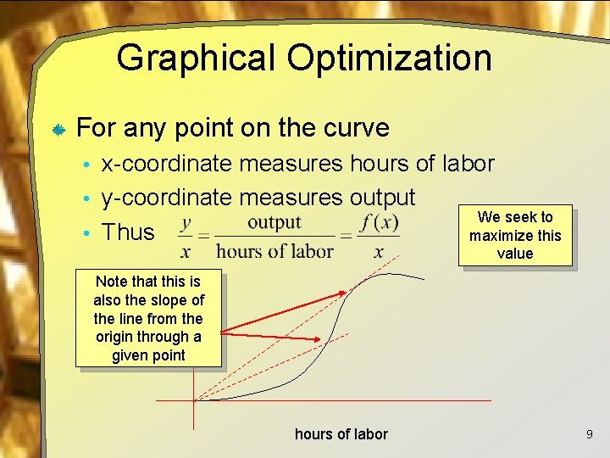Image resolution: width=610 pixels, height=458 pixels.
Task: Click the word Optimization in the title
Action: tap(389, 59)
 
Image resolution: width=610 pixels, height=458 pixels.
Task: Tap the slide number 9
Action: tap(589, 434)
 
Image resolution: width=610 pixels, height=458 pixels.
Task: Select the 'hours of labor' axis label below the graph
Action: tap(341, 434)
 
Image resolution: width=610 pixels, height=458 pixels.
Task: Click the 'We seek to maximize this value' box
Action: tap(515, 235)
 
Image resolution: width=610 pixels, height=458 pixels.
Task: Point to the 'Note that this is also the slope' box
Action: tap(148, 318)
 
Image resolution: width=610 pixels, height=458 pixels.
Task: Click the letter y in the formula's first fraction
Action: tap(186, 222)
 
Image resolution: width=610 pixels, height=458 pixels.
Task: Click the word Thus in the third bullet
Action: tap(128, 232)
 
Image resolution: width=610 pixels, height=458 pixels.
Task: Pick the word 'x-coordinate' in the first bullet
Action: tap(167, 163)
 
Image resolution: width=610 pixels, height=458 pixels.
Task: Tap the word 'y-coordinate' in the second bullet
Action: tap(167, 198)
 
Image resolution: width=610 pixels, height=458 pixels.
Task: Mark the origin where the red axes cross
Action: tap(194, 400)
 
